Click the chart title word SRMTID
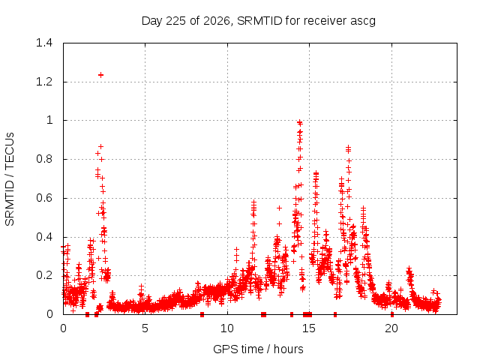[x=259, y=21]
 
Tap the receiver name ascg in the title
[x=363, y=22]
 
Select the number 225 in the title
[x=175, y=21]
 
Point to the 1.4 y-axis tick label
[x=44, y=43]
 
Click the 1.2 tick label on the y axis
[x=44, y=82]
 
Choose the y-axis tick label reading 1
[x=49, y=120]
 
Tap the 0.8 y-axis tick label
[x=44, y=159]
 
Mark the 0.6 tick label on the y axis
[x=44, y=198]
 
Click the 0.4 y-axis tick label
[x=44, y=237]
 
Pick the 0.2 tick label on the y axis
[x=44, y=275]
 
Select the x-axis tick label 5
[x=145, y=328]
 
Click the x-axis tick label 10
[x=227, y=328]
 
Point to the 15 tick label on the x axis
[x=309, y=328]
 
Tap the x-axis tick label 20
[x=391, y=328]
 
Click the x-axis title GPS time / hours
[x=258, y=349]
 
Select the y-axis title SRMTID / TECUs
[x=10, y=179]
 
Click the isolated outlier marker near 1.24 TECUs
[x=100, y=75]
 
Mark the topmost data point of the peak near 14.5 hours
[x=300, y=122]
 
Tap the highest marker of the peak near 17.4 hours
[x=348, y=148]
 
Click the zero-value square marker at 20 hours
[x=392, y=314]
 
